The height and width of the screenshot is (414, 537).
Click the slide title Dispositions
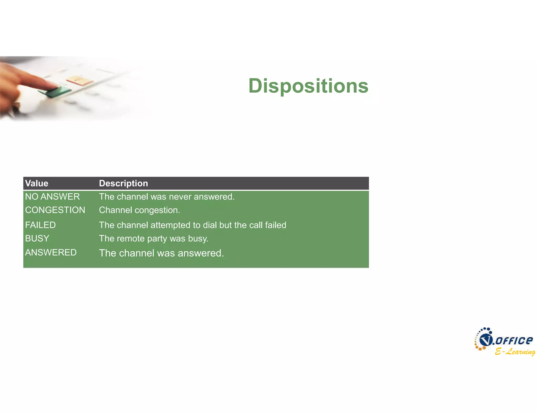pos(308,86)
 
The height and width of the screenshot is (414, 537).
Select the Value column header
pos(37,183)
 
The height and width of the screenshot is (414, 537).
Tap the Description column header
pos(123,183)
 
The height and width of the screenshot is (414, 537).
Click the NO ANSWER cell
pos(52,197)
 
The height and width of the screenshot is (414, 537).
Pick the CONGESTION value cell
pos(55,210)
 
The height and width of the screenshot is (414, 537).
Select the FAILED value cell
pos(40,225)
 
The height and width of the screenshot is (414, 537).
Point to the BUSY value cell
pos(37,238)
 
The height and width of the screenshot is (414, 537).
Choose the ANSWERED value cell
pos(51,252)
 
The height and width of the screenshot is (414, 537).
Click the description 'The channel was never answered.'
pos(167,197)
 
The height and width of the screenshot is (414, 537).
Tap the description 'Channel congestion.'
pos(139,210)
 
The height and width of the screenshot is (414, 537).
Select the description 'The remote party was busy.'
pos(154,238)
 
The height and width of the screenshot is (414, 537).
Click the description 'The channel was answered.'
pos(162,253)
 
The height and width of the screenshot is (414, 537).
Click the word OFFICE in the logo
pos(514,340)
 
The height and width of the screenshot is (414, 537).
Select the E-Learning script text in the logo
pos(515,351)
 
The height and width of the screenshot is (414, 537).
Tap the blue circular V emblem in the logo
pos(486,340)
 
